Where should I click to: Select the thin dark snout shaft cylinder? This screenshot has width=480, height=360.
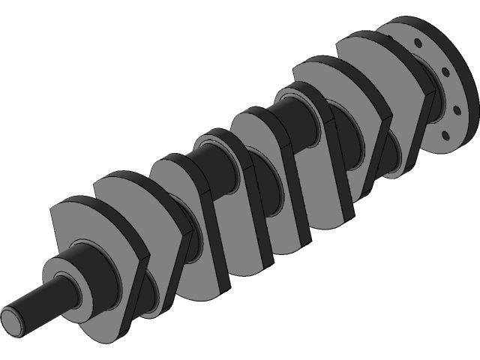tap(37, 300)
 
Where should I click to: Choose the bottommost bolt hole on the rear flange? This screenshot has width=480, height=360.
tap(445, 136)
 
